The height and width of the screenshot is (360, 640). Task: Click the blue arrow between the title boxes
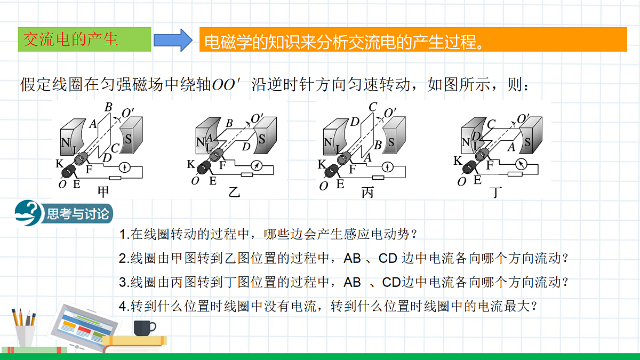[173, 40]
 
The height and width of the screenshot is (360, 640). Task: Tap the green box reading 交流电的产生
[85, 39]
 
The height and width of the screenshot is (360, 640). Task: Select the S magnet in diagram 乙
[266, 135]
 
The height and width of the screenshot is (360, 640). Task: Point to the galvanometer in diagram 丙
[387, 167]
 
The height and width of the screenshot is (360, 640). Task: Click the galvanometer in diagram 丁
[522, 164]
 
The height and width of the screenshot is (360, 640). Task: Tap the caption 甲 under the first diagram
[103, 192]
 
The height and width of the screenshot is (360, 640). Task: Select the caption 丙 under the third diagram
[367, 193]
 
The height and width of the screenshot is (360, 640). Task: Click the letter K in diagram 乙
[191, 164]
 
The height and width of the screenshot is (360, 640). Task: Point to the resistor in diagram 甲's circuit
[115, 178]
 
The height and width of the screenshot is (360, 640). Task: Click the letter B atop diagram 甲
[108, 107]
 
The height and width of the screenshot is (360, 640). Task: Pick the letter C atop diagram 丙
[373, 107]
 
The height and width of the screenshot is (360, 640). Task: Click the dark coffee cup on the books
[145, 328]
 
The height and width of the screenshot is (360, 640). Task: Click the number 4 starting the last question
[123, 306]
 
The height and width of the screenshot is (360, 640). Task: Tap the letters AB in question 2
[352, 259]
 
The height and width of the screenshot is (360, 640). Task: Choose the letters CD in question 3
[391, 282]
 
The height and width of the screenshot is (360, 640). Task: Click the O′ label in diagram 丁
[523, 118]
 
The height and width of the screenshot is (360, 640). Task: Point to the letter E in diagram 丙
[340, 184]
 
